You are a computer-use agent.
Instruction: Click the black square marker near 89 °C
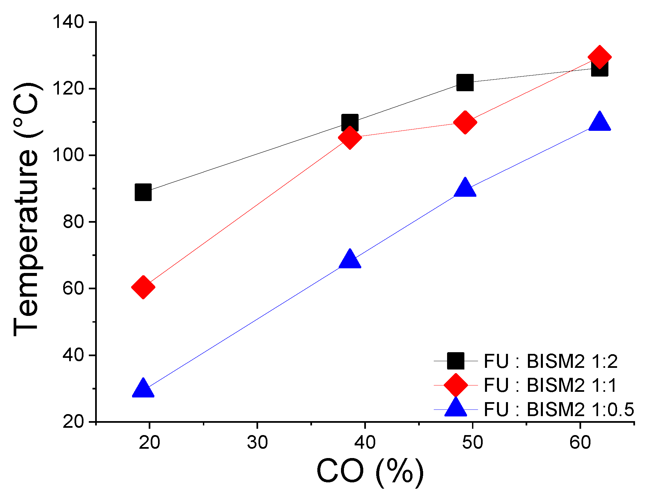pyautogui.click(x=143, y=192)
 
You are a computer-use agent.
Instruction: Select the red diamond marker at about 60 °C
pyautogui.click(x=143, y=287)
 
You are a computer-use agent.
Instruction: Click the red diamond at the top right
pyautogui.click(x=599, y=57)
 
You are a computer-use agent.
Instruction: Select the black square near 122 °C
pyautogui.click(x=465, y=82)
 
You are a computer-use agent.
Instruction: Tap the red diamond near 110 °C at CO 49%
pyautogui.click(x=465, y=122)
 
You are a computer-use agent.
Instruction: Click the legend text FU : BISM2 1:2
pyautogui.click(x=550, y=361)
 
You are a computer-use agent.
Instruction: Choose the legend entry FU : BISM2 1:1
pyautogui.click(x=550, y=385)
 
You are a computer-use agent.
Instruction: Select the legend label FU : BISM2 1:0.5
pyautogui.click(x=559, y=409)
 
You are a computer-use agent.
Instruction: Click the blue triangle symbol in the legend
pyautogui.click(x=455, y=408)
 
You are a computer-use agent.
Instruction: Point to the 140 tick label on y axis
pyautogui.click(x=68, y=22)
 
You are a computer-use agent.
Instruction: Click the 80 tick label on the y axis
pyautogui.click(x=73, y=222)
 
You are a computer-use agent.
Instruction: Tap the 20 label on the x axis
pyautogui.click(x=149, y=442)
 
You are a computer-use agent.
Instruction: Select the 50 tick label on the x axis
pyautogui.click(x=472, y=442)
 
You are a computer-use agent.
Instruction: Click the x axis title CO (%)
pyautogui.click(x=370, y=472)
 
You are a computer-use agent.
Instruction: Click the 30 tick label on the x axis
pyautogui.click(x=257, y=442)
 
